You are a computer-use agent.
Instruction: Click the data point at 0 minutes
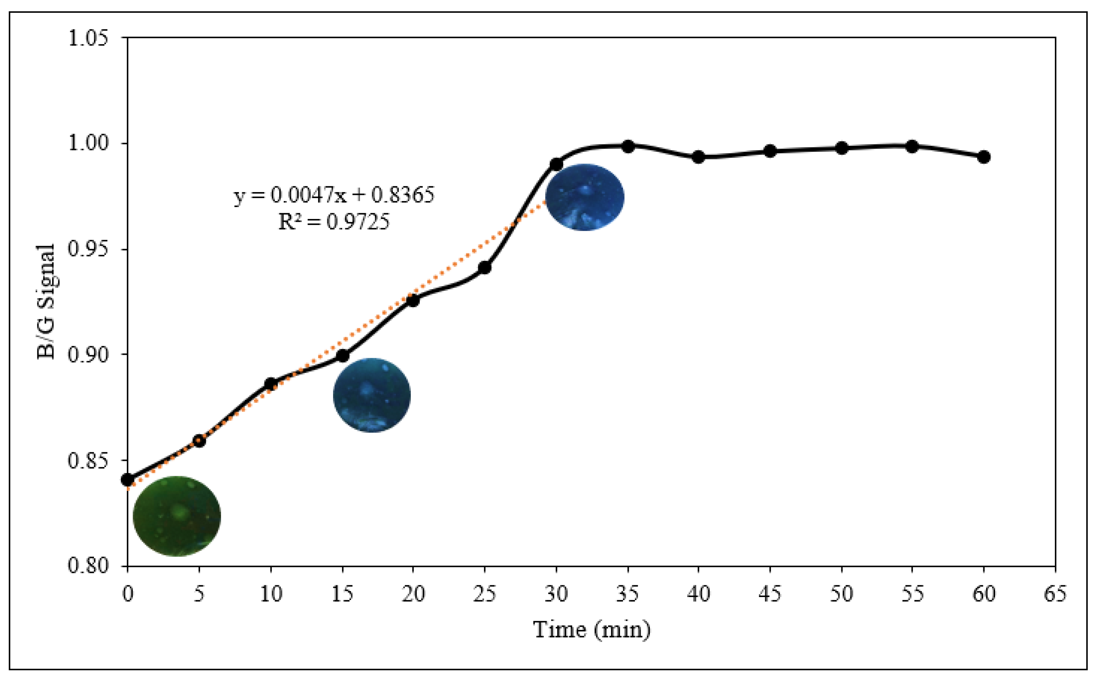point(128,480)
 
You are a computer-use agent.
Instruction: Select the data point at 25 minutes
point(484,267)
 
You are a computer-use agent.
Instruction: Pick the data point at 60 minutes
point(984,157)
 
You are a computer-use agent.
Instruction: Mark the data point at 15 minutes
point(343,356)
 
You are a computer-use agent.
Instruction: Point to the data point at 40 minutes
point(699,157)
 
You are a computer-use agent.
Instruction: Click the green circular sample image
point(177,516)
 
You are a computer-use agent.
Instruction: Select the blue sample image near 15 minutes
point(372,395)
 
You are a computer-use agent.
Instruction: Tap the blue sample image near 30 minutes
point(585,197)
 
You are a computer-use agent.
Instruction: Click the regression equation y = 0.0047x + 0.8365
point(334,195)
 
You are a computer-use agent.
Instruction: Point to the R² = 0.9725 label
point(334,221)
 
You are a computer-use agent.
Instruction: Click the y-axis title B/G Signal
point(46,301)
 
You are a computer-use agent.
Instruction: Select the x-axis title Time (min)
point(592,630)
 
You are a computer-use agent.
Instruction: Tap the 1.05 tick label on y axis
point(89,38)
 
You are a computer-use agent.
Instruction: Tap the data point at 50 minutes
point(842,148)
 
